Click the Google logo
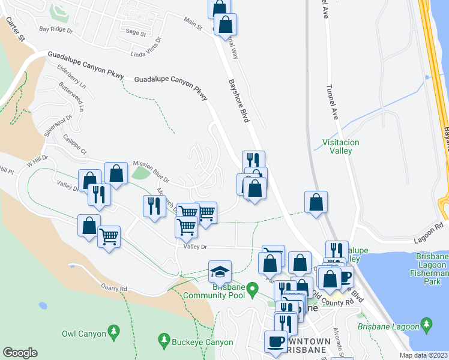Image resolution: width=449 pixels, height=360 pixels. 20,353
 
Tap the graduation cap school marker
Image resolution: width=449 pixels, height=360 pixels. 220,272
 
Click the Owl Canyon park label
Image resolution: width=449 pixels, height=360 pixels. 83,334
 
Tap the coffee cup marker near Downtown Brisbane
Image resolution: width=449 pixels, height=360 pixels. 276,340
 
